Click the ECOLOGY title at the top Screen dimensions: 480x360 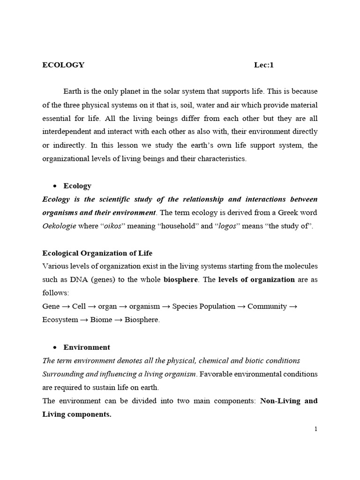pyautogui.click(x=63, y=65)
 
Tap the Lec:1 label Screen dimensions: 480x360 pyautogui.click(x=263, y=65)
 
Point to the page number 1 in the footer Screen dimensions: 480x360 pyautogui.click(x=316, y=429)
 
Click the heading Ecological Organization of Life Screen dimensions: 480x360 pyautogui.click(x=97, y=253)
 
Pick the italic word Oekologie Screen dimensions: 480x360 pyautogui.click(x=60, y=226)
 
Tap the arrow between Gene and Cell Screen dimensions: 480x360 pyautogui.click(x=66, y=307)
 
